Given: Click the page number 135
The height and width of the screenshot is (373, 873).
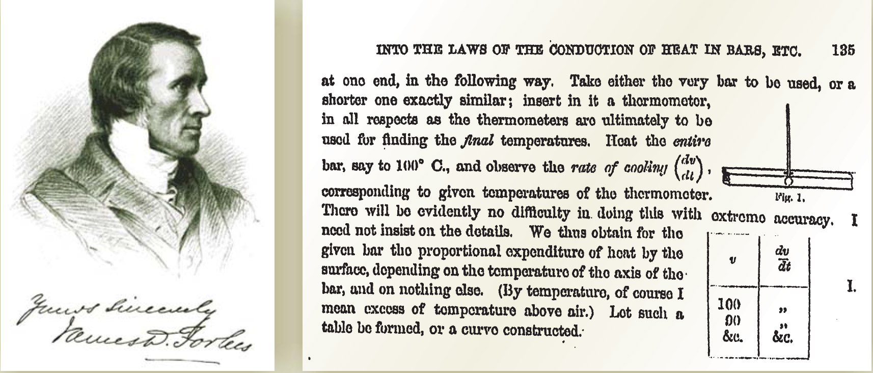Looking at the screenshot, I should [843, 51].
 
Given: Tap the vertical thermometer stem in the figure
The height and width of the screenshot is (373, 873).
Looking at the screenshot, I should [787, 138].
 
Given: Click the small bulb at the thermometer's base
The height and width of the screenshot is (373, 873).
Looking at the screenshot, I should [787, 180].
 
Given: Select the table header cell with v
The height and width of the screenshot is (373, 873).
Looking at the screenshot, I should [733, 259].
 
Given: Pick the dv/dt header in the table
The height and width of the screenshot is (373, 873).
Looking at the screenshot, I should [784, 259].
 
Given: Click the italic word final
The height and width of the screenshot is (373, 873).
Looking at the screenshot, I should [477, 141].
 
